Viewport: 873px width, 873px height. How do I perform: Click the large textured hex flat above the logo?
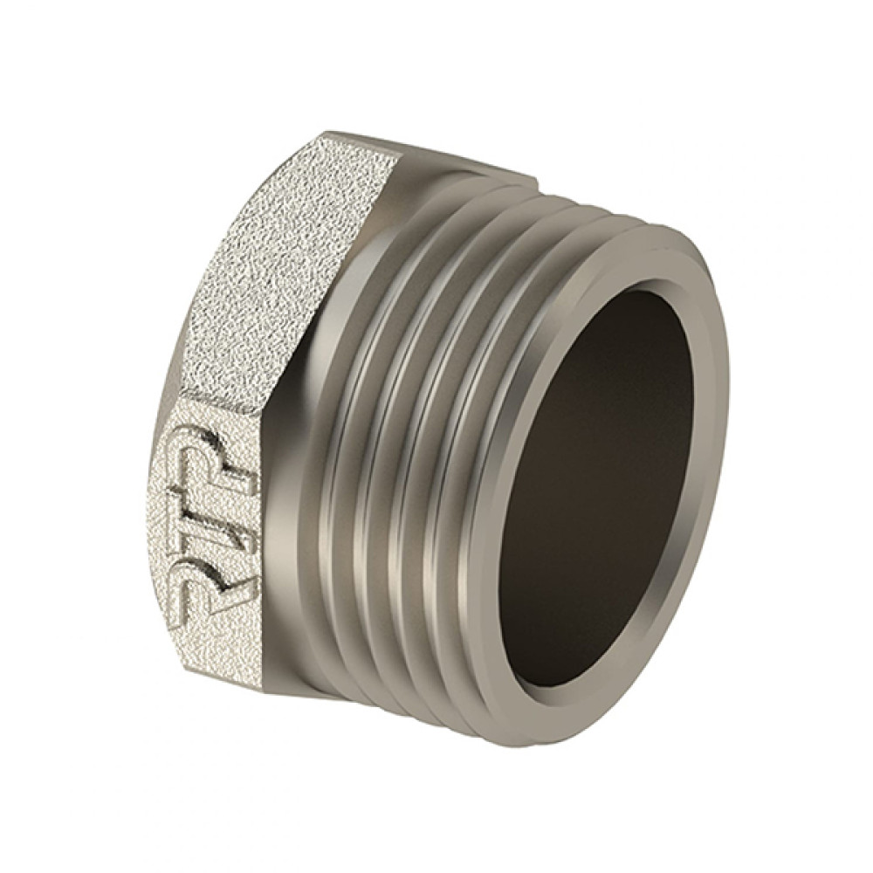click(x=278, y=267)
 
